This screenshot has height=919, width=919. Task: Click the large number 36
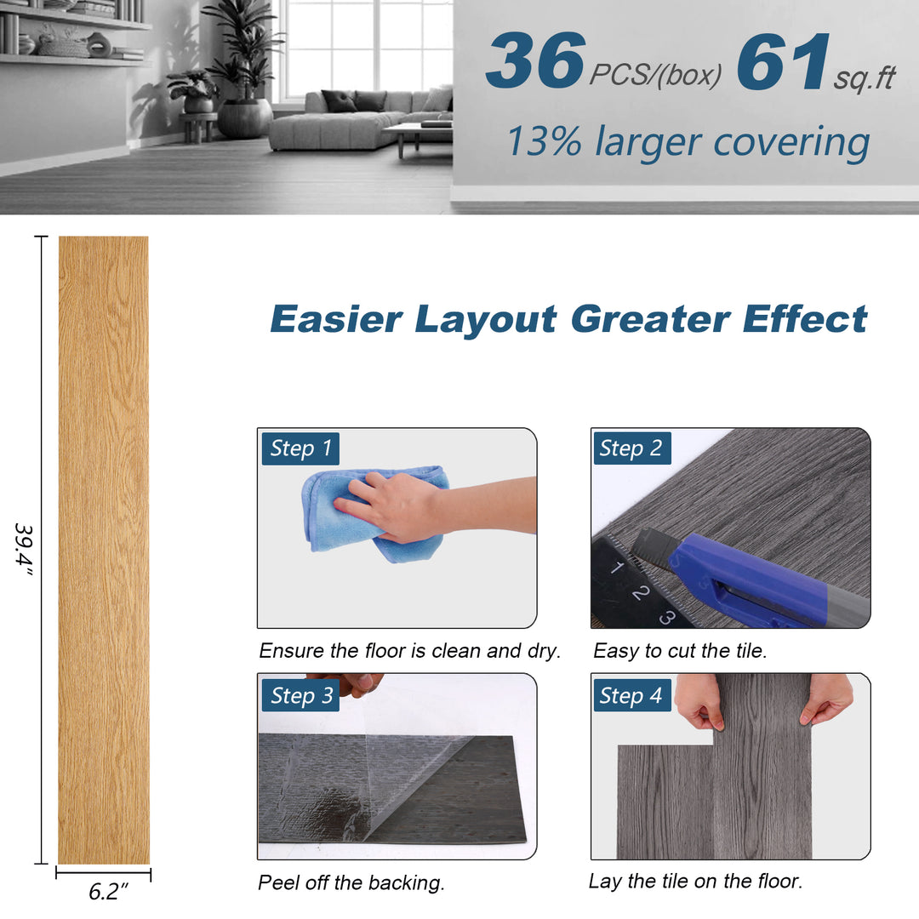[534, 62]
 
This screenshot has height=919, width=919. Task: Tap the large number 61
[784, 62]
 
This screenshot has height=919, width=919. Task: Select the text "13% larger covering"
[688, 142]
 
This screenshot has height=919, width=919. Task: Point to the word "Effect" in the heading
[805, 319]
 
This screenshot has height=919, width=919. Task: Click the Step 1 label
[300, 448]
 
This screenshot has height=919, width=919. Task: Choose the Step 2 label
[631, 448]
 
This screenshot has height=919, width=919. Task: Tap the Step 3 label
[300, 695]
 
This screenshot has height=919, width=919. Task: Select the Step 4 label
[631, 695]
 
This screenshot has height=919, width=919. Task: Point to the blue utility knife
[757, 579]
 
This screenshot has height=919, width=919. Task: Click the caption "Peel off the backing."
[351, 882]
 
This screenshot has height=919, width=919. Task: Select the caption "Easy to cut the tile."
[680, 651]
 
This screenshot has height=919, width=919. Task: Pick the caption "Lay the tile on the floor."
[695, 881]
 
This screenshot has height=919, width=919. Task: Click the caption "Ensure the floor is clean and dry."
[409, 651]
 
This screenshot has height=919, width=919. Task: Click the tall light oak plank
[103, 549]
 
